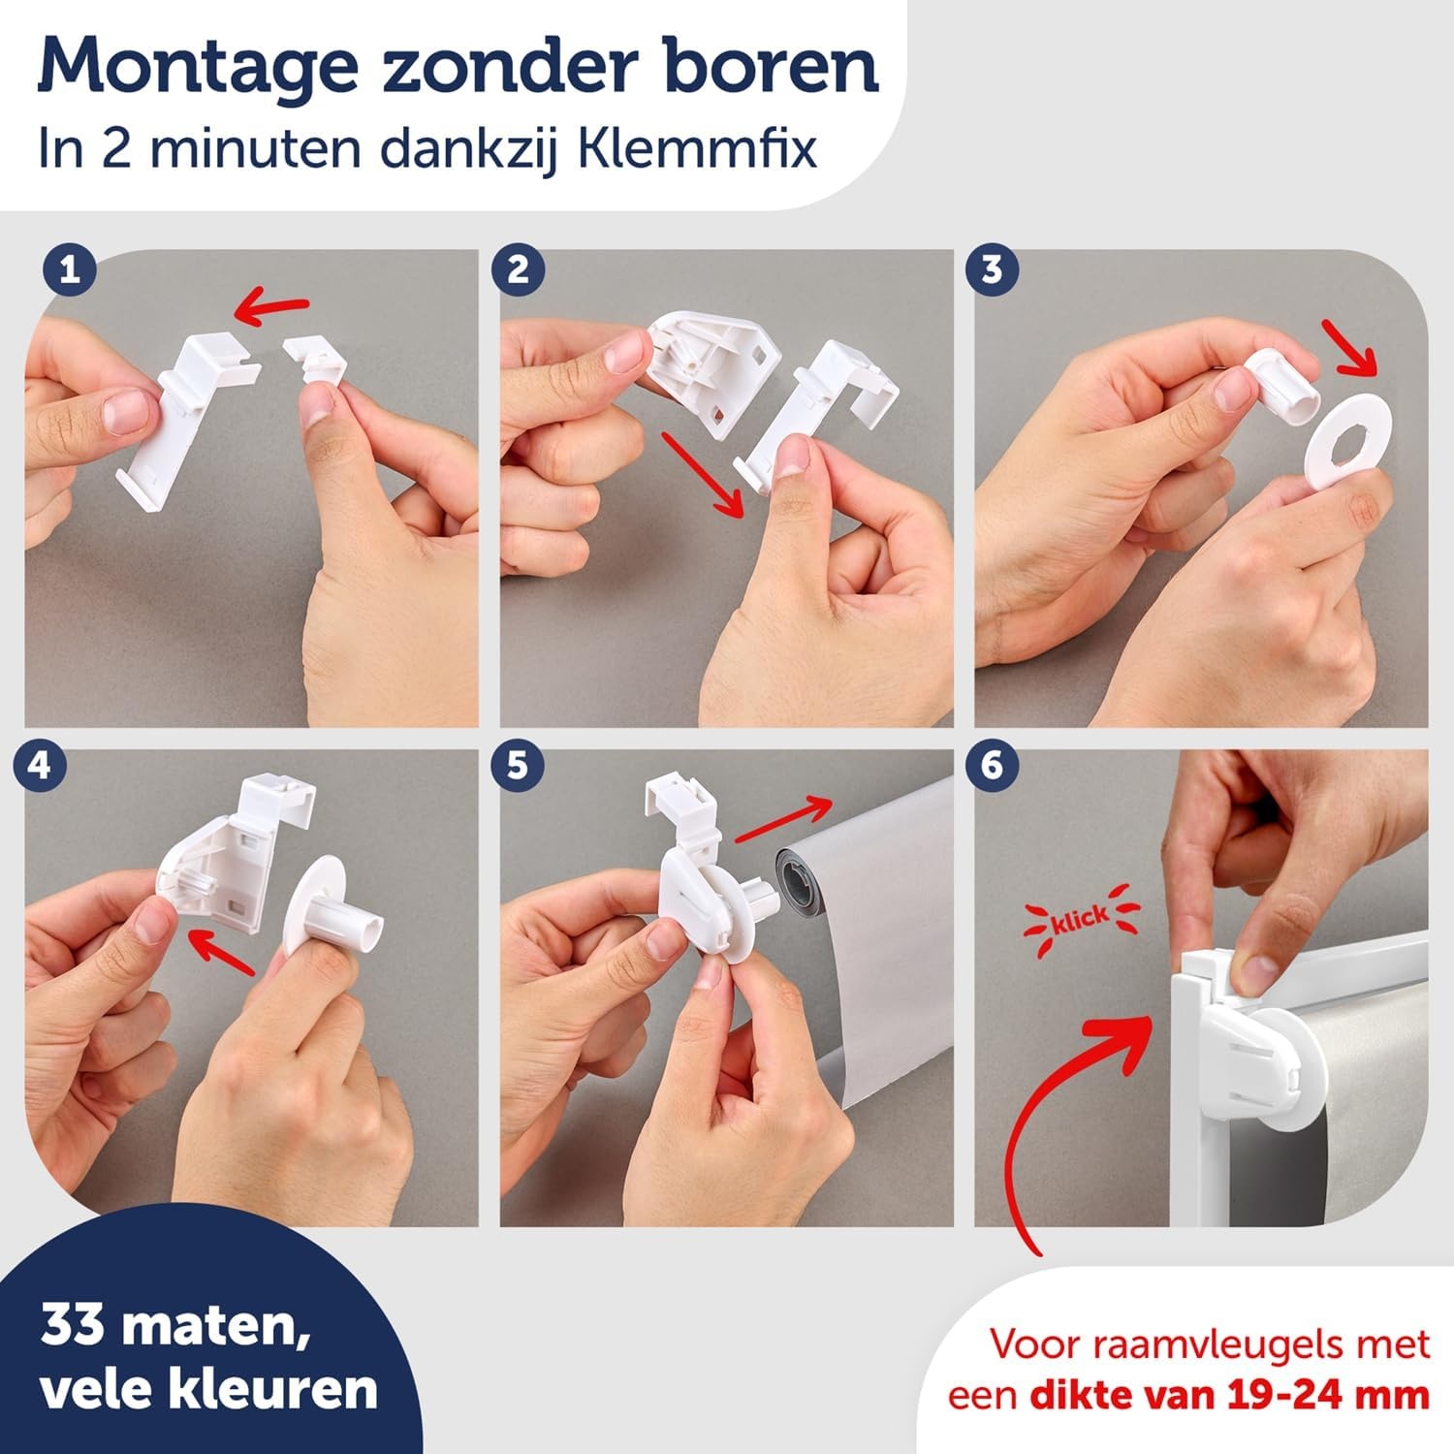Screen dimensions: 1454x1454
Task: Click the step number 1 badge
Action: point(69,269)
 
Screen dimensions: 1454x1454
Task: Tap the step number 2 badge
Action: point(519,269)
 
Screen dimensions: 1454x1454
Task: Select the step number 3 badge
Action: point(991,269)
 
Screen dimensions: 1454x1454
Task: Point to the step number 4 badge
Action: point(40,766)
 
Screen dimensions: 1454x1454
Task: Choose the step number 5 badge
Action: point(519,766)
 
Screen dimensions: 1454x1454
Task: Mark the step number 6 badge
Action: point(991,766)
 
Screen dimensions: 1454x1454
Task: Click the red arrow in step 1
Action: point(272,309)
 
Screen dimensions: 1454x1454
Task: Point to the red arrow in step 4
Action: point(222,949)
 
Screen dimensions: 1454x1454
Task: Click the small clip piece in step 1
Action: point(315,373)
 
